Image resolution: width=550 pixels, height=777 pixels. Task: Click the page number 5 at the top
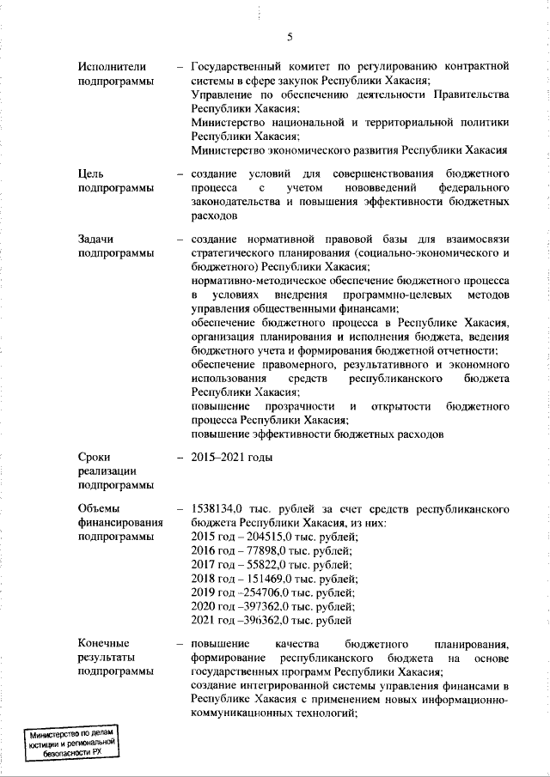click(x=290, y=36)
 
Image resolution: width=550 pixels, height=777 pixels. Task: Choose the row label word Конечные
click(x=103, y=643)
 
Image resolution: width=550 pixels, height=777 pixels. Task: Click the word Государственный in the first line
click(x=240, y=66)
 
